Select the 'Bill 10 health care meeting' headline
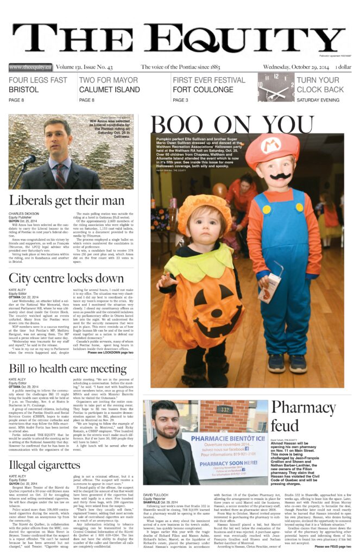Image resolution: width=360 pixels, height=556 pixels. point(68,370)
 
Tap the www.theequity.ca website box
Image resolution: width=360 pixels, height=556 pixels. point(30,67)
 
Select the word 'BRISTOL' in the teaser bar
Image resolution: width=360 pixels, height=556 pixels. point(23,90)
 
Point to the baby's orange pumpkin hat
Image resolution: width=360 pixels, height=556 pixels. point(204,208)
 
